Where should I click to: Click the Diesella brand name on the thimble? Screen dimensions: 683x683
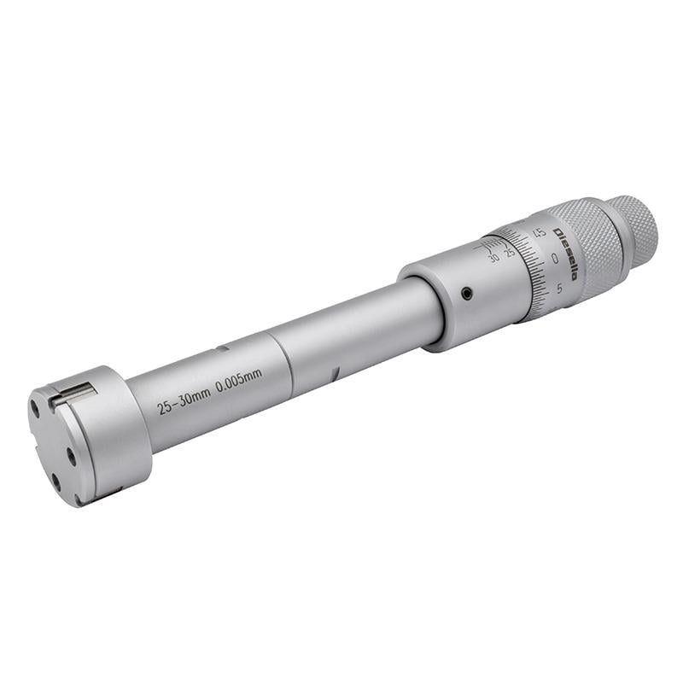click(566, 254)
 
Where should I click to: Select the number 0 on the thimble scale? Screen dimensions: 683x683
click(554, 259)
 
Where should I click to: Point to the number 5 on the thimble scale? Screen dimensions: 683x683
click(560, 288)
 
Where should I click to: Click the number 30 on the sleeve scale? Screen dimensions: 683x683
click(494, 259)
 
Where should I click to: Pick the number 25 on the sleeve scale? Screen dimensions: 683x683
click(509, 252)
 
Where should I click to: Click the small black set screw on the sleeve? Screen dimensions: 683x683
click(467, 294)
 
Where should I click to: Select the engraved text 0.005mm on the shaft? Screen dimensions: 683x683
click(239, 381)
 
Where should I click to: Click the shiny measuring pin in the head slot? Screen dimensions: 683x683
click(74, 394)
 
